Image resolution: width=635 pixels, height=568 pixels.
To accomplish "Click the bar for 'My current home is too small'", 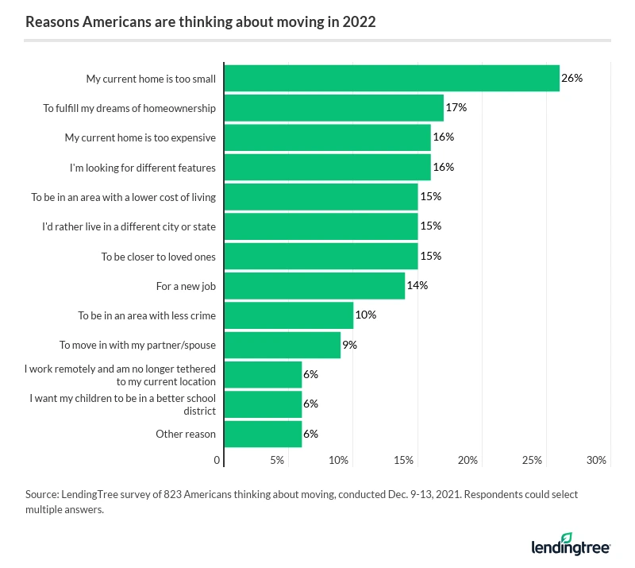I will pos(392,79).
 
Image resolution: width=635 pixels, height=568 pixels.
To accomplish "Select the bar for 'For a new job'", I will pos(315,285).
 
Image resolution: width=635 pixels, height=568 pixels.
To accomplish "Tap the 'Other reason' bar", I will pos(264,434).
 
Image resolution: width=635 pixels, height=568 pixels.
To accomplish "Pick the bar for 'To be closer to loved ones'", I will pos(321,256).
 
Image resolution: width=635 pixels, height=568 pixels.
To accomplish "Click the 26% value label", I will pos(571,79).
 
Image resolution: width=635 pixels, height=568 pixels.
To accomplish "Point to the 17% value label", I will pos(456,108).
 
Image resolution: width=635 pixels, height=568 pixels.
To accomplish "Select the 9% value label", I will pos(349,345).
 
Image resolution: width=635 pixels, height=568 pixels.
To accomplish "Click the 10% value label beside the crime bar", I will pos(365,315).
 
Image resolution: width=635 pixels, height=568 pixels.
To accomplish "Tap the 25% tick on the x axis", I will pos(532,460).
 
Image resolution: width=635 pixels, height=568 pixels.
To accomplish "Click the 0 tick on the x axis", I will pos(217,460).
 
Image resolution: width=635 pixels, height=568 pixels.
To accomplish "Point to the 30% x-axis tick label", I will pos(596,460).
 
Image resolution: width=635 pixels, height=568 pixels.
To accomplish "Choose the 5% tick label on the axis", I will pos(277,460).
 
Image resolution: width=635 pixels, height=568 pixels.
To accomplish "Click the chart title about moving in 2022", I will pos(201,22).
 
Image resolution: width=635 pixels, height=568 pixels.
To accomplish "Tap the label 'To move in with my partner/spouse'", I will pos(137,345).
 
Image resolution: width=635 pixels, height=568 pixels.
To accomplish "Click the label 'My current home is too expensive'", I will pos(140,137).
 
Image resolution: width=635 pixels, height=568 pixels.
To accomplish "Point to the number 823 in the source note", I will pos(173,494).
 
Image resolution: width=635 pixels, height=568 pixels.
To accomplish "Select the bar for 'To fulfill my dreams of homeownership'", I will pos(334,108).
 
